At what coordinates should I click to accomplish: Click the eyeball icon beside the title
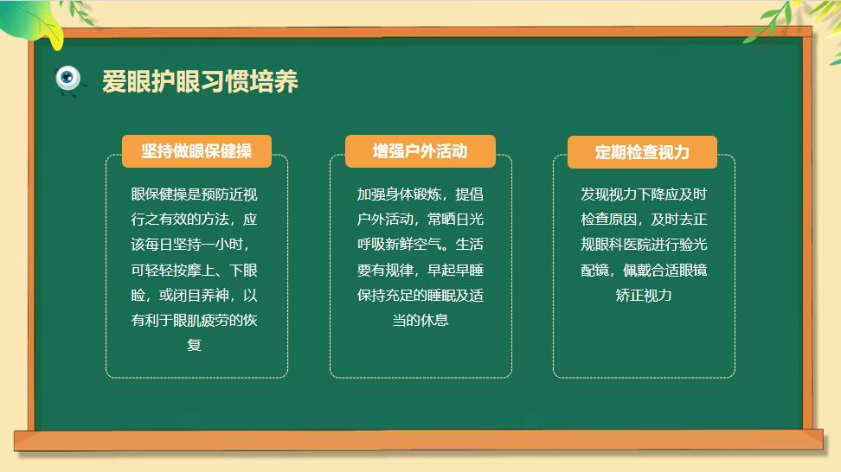point(68,80)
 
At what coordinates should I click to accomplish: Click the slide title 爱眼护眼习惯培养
point(200,81)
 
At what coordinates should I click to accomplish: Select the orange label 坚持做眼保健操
point(196,151)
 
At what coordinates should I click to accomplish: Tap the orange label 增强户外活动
point(420,151)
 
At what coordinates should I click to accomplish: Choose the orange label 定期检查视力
point(642,152)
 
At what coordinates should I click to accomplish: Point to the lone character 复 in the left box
point(194,345)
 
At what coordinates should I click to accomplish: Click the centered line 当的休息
point(420,320)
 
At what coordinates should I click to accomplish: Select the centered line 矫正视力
point(644,295)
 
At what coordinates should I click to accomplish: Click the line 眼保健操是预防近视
point(194,194)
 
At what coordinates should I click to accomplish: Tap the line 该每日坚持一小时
point(190,245)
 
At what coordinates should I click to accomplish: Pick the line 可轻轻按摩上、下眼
point(194,270)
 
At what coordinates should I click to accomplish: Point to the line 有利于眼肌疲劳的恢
point(194,320)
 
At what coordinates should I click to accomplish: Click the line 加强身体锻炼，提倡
point(420,194)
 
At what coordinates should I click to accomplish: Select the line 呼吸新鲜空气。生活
point(420,245)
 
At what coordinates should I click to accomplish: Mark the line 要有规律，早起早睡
point(420,270)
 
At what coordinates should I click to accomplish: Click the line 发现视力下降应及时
point(644,194)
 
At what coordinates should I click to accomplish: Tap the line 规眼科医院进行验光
point(644,245)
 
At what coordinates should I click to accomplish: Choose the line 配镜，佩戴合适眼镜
point(644,270)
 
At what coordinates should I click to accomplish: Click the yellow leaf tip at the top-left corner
point(55,48)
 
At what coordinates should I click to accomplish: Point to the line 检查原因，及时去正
point(644,219)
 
